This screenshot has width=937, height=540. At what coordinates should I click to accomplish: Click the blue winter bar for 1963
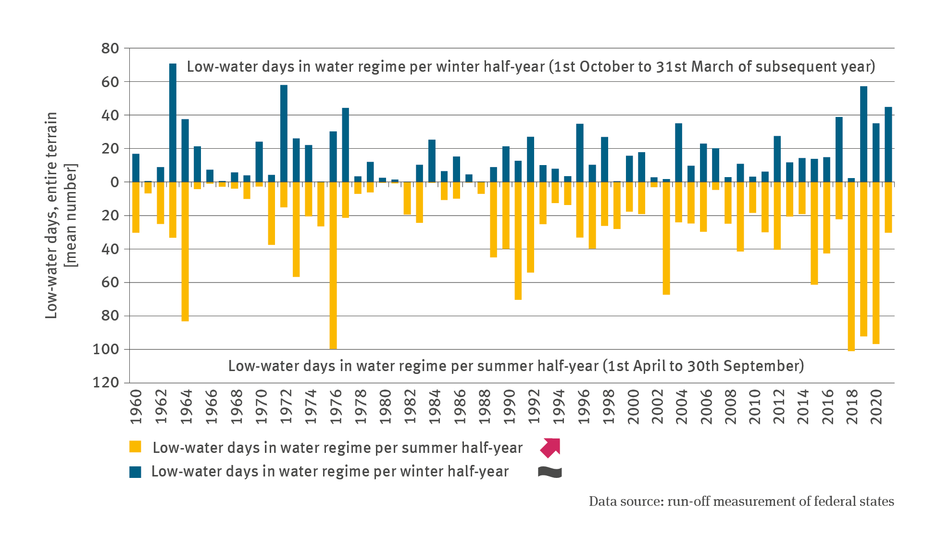173,123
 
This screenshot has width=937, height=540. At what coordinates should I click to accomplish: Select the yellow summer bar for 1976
333,265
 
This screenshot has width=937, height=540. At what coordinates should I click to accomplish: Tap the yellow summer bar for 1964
185,251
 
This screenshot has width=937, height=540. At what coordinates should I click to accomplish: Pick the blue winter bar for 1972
284,133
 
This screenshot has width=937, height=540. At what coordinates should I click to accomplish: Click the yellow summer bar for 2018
851,266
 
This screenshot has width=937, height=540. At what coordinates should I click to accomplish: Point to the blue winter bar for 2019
863,134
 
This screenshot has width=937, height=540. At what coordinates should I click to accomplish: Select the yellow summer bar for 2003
666,238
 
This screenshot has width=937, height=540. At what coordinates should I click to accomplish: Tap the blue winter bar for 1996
580,153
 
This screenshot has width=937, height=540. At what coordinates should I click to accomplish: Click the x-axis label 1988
485,407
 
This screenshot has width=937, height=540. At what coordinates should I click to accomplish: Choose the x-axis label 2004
682,407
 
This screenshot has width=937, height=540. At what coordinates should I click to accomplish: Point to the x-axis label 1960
137,407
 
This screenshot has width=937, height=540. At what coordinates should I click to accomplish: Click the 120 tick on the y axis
106,383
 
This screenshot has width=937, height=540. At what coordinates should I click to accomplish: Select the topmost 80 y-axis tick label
110,48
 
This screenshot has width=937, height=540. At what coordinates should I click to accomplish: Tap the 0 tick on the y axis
114,182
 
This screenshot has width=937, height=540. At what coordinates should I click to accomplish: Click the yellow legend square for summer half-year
135,447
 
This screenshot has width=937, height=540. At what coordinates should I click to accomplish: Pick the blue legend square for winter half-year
135,472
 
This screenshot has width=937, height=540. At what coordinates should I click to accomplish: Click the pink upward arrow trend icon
550,447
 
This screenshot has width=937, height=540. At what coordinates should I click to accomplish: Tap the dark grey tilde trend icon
550,472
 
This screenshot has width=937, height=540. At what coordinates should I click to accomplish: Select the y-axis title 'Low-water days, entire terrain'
51,215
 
